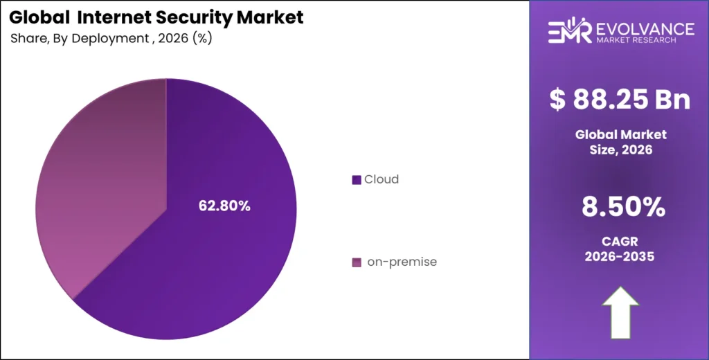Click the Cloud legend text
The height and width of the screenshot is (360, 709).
tap(382, 179)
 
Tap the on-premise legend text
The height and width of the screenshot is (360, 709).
tap(402, 262)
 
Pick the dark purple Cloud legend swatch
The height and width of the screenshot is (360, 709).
tap(357, 180)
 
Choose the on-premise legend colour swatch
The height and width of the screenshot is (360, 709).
tap(357, 262)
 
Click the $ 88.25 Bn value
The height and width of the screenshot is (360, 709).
tap(620, 99)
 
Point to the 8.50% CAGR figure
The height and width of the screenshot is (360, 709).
tap(620, 206)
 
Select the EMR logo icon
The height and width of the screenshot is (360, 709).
tap(569, 32)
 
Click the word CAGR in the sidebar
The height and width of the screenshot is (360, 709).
tap(620, 240)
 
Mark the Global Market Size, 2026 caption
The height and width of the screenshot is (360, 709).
tap(620, 141)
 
